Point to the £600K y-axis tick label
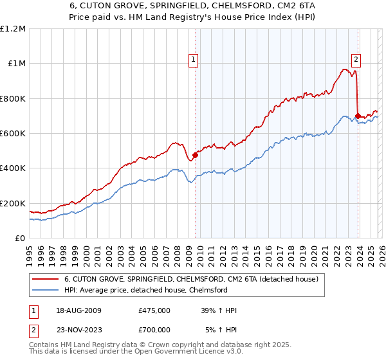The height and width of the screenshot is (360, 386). pos(13,133)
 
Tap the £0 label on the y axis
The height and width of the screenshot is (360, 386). pos(19,238)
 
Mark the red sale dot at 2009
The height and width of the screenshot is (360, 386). pos(195,155)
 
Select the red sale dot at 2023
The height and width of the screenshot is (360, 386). pos(358,116)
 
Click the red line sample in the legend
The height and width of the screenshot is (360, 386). pos(46,279)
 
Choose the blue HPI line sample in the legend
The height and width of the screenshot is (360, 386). pos(46,291)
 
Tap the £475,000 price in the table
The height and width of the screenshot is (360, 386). pos(154,310)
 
